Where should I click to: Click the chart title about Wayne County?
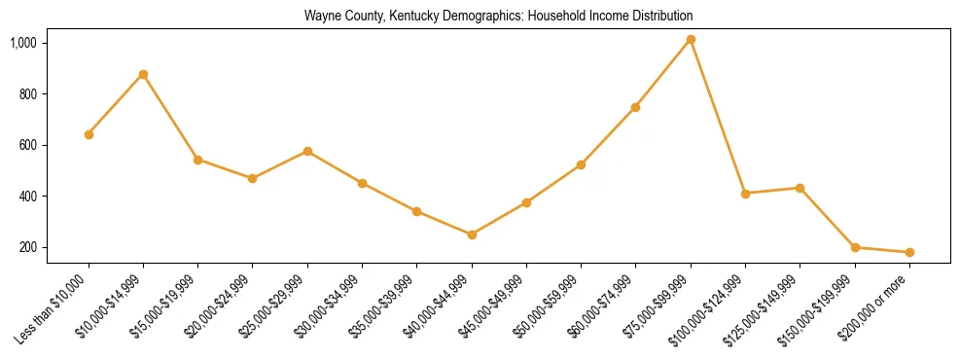click(x=498, y=16)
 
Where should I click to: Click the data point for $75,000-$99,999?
click(x=691, y=40)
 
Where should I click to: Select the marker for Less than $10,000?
click(x=89, y=134)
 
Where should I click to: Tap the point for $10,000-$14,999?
click(x=143, y=74)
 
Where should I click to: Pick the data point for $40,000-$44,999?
click(x=472, y=234)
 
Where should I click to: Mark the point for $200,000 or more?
click(x=909, y=252)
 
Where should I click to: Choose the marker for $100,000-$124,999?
click(x=745, y=194)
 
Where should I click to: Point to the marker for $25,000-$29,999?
click(x=307, y=151)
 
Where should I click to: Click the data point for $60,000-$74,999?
click(x=635, y=107)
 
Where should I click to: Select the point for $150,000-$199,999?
click(x=855, y=247)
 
